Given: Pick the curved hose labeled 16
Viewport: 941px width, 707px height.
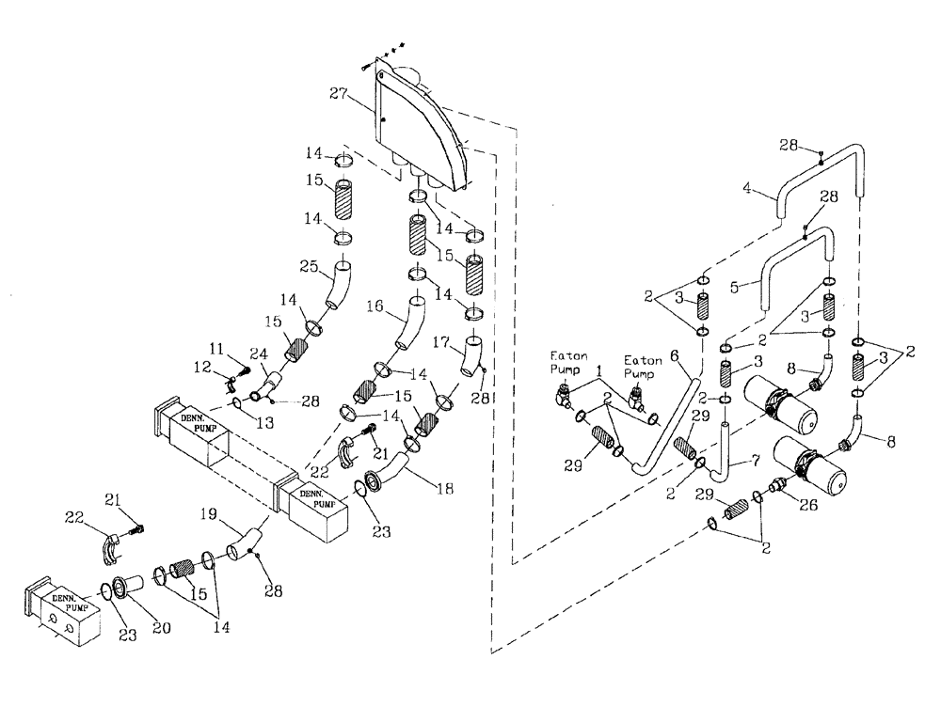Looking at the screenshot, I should [x=410, y=325].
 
